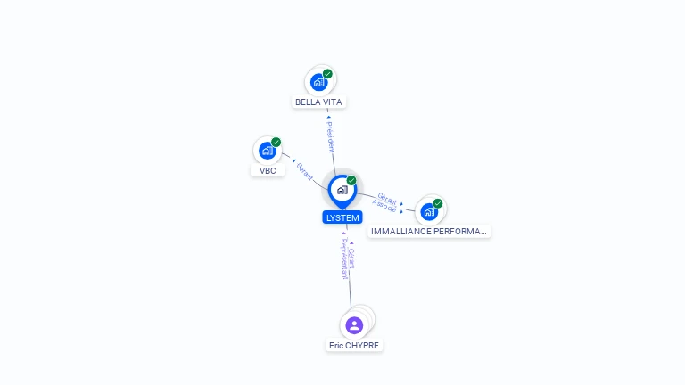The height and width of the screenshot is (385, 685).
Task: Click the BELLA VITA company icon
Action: (x=318, y=82)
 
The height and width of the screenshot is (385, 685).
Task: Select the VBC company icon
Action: (x=267, y=151)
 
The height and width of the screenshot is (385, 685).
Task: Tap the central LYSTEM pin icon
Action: (x=342, y=190)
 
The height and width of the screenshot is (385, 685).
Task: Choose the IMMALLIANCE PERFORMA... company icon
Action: (x=429, y=211)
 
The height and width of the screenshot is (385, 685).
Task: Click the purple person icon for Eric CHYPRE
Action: (x=354, y=325)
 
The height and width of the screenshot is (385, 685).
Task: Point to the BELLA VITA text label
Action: (x=318, y=102)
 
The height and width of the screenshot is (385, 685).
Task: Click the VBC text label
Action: (x=268, y=170)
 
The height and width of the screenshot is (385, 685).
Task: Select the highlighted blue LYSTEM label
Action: (x=342, y=217)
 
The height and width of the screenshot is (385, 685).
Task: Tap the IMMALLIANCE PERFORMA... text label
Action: (x=429, y=232)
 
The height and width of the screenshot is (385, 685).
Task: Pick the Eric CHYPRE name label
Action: (x=354, y=346)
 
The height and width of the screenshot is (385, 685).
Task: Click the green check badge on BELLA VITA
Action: (x=327, y=74)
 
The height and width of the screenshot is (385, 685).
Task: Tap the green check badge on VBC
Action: (x=276, y=143)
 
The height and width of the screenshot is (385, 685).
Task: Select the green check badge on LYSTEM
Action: (x=351, y=181)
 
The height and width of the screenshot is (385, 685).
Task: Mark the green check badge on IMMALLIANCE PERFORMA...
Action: (x=438, y=203)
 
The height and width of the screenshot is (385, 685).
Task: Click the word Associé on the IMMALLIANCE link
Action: (x=384, y=206)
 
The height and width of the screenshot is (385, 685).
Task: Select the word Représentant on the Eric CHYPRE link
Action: (x=343, y=258)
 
